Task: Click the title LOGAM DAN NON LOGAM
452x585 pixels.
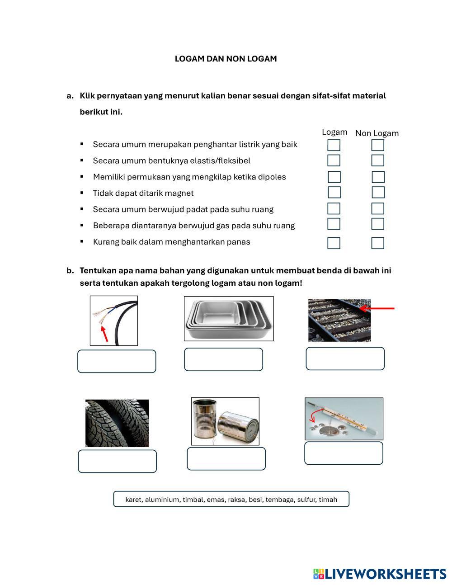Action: click(x=226, y=59)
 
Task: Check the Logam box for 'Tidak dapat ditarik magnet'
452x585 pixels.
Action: click(x=334, y=193)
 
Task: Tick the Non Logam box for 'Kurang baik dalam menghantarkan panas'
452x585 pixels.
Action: click(x=377, y=243)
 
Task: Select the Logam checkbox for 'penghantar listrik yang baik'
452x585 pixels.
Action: click(x=334, y=145)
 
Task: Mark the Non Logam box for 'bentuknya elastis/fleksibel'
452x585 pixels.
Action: click(x=377, y=160)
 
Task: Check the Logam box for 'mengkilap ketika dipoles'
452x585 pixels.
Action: click(x=334, y=177)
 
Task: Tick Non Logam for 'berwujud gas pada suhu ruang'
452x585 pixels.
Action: click(x=377, y=224)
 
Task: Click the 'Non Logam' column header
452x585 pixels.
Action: click(x=377, y=133)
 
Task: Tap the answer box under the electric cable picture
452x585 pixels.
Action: click(x=117, y=361)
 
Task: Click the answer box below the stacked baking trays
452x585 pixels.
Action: click(x=223, y=359)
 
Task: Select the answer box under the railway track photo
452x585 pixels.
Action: click(x=345, y=359)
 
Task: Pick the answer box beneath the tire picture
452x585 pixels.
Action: click(x=117, y=461)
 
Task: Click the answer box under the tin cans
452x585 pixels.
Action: click(x=226, y=459)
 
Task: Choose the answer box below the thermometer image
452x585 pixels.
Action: click(x=344, y=453)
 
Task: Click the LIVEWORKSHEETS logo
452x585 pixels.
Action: click(x=379, y=574)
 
